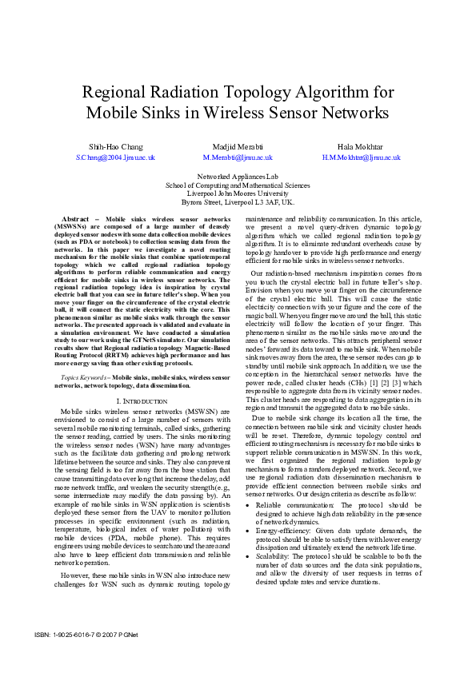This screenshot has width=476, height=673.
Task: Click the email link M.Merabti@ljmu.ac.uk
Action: pyautogui.click(x=238, y=158)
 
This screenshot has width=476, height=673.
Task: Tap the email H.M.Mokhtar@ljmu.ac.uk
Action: pyautogui.click(x=350, y=158)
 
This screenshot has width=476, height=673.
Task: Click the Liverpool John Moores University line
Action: pyautogui.click(x=238, y=193)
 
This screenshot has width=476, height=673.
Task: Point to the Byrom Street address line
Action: pyautogui.click(x=238, y=202)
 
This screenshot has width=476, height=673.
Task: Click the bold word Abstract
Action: pyautogui.click(x=74, y=218)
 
